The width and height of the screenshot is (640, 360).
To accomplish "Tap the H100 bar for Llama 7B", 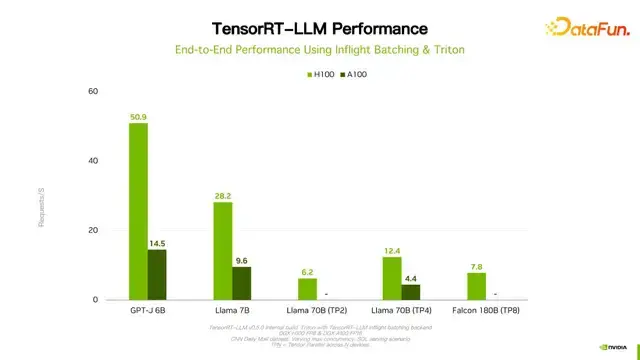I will pyautogui.click(x=222, y=250).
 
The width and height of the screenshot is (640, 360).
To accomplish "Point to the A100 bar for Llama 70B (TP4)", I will pyautogui.click(x=410, y=292).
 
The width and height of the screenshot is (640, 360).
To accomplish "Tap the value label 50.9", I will pyautogui.click(x=139, y=116).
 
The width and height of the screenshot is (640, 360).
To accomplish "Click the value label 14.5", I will pyautogui.click(x=158, y=243).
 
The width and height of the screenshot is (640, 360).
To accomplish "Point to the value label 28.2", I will pyautogui.click(x=222, y=195).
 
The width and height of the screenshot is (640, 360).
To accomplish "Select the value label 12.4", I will pyautogui.click(x=391, y=250).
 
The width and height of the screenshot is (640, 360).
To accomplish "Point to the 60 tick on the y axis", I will pyautogui.click(x=93, y=91).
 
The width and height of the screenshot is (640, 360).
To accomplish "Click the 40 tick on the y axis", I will pyautogui.click(x=93, y=161).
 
